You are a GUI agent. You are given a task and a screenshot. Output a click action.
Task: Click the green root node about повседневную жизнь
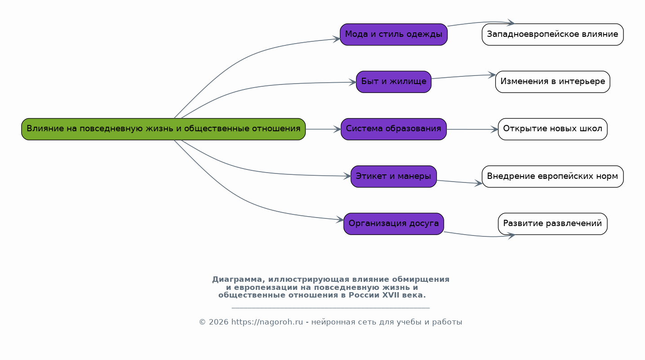pyautogui.click(x=163, y=129)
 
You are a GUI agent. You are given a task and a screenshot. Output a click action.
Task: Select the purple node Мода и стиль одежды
pyautogui.click(x=393, y=35)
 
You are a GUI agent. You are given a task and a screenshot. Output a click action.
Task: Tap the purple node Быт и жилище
pyautogui.click(x=393, y=82)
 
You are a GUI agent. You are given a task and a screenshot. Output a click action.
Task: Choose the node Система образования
pyautogui.click(x=393, y=129)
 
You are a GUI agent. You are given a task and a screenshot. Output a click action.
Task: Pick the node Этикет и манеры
pyautogui.click(x=393, y=176)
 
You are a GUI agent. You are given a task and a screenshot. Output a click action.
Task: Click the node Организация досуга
pyautogui.click(x=393, y=223)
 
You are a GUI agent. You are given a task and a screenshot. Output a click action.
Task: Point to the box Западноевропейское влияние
pyautogui.click(x=552, y=35)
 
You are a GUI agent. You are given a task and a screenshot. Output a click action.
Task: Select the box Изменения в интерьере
pyautogui.click(x=552, y=82)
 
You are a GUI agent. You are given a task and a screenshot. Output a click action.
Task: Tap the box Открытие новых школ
pyautogui.click(x=552, y=129)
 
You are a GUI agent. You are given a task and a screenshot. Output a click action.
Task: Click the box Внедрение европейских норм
pyautogui.click(x=552, y=176)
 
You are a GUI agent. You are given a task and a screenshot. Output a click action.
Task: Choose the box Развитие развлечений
pyautogui.click(x=552, y=223)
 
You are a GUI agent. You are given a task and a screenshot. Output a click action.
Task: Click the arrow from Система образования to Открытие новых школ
pyautogui.click(x=472, y=129)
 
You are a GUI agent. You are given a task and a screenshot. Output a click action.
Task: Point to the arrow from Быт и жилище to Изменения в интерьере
pyautogui.click(x=463, y=76)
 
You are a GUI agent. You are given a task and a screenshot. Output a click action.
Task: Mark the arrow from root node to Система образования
pyautogui.click(x=323, y=129)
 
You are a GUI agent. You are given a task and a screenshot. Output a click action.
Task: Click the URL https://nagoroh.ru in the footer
pyautogui.click(x=267, y=322)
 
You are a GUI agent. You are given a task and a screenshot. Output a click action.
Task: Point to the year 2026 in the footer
pyautogui.click(x=218, y=322)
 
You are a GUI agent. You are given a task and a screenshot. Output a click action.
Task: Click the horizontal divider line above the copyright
pyautogui.click(x=331, y=308)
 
